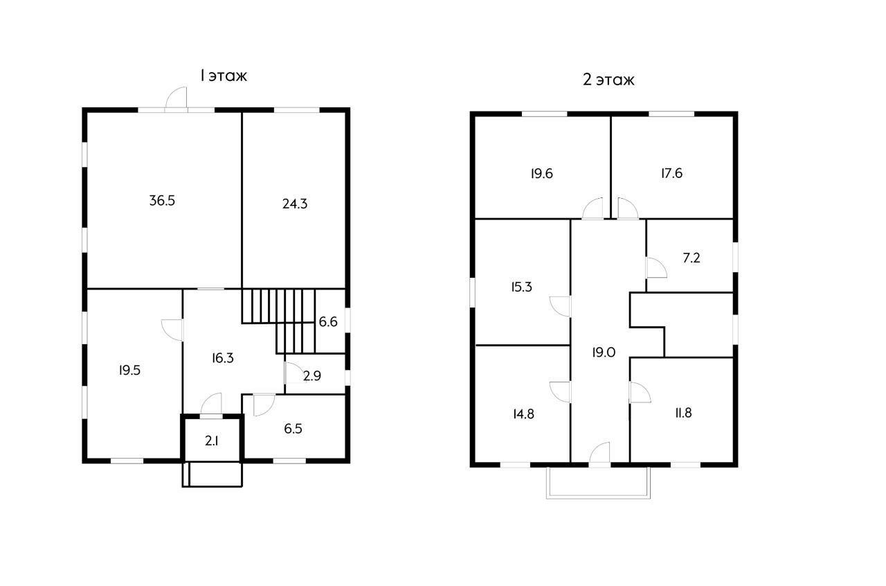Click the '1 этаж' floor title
pos(224,76)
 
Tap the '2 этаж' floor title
pos(608,80)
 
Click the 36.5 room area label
pos(162,201)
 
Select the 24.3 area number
pos(295,204)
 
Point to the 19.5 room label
pos(129,370)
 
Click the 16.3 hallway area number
pos(223,358)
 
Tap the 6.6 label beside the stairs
pos(328,322)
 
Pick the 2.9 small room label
pos(312,375)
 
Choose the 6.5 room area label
pos(293,428)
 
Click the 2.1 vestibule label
pos(212,441)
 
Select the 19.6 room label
pos(542,173)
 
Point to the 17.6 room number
pos(672,173)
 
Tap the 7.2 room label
pos(691,258)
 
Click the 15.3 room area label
pos(521,287)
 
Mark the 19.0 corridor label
pos(604,353)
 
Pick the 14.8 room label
pos(524,414)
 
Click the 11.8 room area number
pos(683,413)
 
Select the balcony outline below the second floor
pos(598,497)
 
